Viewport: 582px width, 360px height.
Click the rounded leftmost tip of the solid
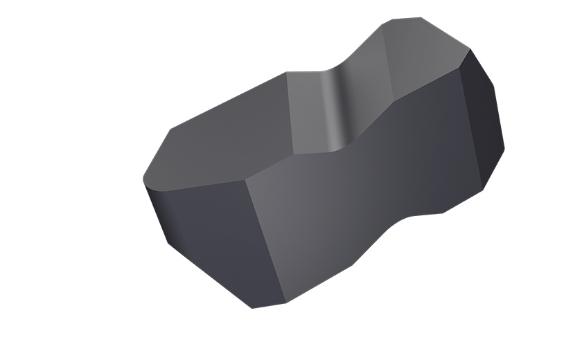click(x=143, y=179)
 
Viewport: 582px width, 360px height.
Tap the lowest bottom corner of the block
click(x=252, y=308)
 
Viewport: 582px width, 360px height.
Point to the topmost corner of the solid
click(x=420, y=17)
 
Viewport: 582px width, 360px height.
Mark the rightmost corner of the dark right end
click(x=504, y=147)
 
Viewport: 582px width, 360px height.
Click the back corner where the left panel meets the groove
click(x=286, y=72)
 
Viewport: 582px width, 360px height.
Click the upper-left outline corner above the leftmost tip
click(x=170, y=129)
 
